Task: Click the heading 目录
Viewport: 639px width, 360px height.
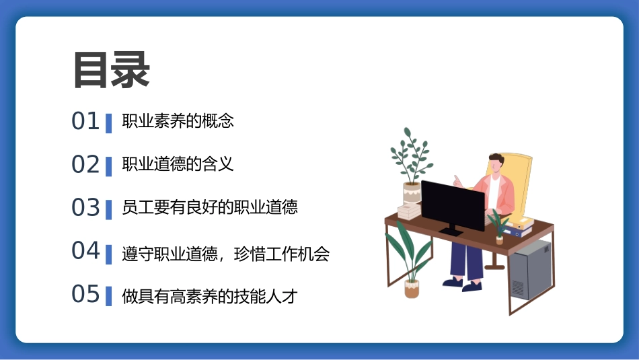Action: tap(111, 70)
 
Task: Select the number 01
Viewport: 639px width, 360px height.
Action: tap(85, 122)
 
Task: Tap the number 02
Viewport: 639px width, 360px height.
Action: tap(85, 165)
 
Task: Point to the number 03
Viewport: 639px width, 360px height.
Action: tap(85, 208)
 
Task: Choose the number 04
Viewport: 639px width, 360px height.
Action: tap(85, 251)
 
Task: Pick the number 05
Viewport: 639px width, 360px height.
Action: tap(85, 294)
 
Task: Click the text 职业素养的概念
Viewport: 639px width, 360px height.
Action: tap(178, 122)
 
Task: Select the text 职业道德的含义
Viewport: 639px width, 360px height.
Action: tap(178, 164)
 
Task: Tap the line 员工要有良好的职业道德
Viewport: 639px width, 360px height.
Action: tap(210, 207)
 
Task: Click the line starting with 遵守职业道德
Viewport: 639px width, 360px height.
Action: tap(226, 254)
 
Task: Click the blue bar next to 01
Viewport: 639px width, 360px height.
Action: tap(108, 123)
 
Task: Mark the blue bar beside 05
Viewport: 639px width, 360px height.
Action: tap(108, 295)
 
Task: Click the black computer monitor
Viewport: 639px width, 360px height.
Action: tap(453, 205)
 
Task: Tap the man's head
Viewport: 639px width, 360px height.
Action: tap(496, 163)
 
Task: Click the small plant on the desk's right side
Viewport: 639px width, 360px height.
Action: tap(498, 225)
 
